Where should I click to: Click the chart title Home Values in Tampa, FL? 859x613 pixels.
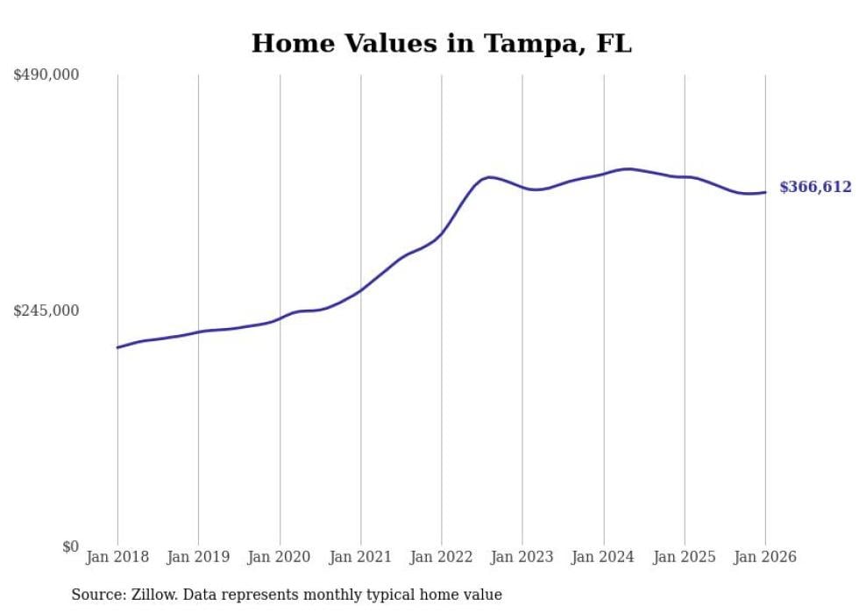click(441, 43)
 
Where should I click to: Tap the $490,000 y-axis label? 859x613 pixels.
click(46, 75)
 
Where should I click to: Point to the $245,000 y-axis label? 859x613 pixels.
click(46, 310)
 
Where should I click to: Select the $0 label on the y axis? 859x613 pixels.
click(70, 546)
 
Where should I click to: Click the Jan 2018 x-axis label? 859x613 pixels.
click(117, 557)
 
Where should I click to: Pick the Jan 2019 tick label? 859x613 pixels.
click(198, 557)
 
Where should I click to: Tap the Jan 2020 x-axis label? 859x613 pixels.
click(280, 557)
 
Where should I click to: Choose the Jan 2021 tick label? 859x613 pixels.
click(360, 557)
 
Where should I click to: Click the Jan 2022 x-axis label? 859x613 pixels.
click(442, 557)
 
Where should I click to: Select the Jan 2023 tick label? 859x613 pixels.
click(522, 557)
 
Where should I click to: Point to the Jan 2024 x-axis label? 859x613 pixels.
click(603, 557)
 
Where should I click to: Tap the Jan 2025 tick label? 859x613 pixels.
click(685, 557)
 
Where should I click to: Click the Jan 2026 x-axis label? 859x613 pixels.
click(765, 557)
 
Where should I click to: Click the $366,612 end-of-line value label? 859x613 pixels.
click(815, 187)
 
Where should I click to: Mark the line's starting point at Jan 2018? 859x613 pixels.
click(117, 347)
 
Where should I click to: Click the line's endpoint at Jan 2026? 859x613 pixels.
click(765, 192)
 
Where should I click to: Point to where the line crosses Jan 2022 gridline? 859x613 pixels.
click(442, 233)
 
